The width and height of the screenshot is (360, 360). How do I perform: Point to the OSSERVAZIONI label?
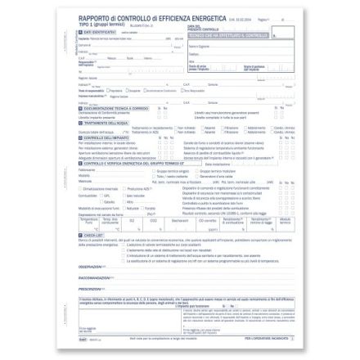pyautogui.click(x=90, y=266)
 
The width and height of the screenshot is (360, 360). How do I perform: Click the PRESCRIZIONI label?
pyautogui.click(x=90, y=288)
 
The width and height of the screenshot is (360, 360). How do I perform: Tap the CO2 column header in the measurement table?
pyautogui.click(x=153, y=220)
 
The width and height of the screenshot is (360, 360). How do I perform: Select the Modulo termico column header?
pyautogui.click(x=284, y=220)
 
